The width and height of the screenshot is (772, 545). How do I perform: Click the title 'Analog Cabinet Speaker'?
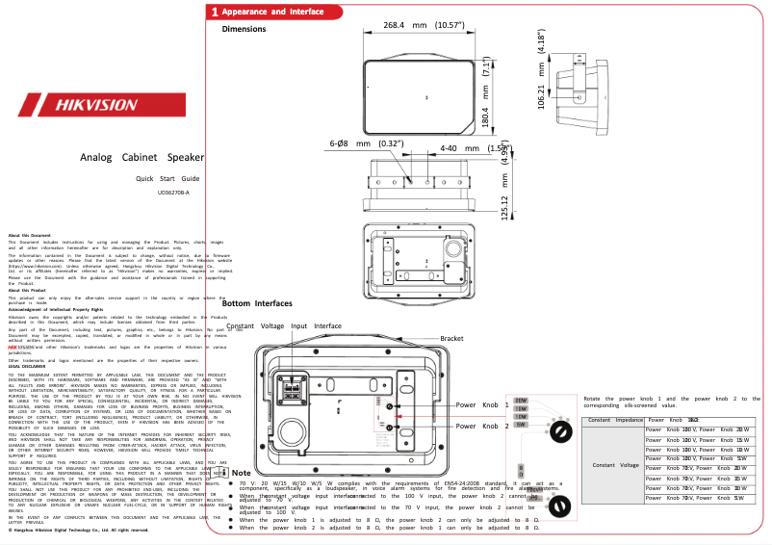pyautogui.click(x=142, y=156)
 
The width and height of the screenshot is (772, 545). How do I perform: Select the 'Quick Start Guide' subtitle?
pyautogui.click(x=167, y=179)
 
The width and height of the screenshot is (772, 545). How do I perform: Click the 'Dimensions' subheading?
pyautogui.click(x=244, y=29)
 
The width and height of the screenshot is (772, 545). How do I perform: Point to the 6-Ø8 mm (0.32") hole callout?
pyautogui.click(x=366, y=143)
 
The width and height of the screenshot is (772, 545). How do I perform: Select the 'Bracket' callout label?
pyautogui.click(x=452, y=339)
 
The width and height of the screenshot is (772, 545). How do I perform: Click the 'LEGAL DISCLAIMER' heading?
pyautogui.click(x=27, y=367)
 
